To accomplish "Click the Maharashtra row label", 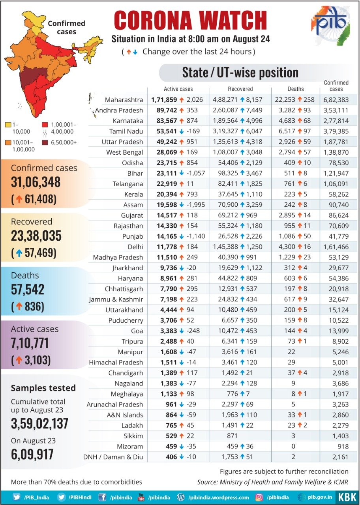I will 124,100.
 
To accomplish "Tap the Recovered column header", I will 240,89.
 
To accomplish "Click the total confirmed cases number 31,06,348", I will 36,182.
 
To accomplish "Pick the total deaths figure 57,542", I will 28,289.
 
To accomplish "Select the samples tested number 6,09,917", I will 32,454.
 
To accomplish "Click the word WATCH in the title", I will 227,21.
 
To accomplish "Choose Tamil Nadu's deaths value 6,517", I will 292,131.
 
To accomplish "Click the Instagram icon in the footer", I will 259,497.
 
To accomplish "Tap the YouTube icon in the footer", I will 141,497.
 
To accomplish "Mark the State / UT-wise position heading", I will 240,73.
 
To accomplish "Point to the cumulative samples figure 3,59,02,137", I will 39,423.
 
